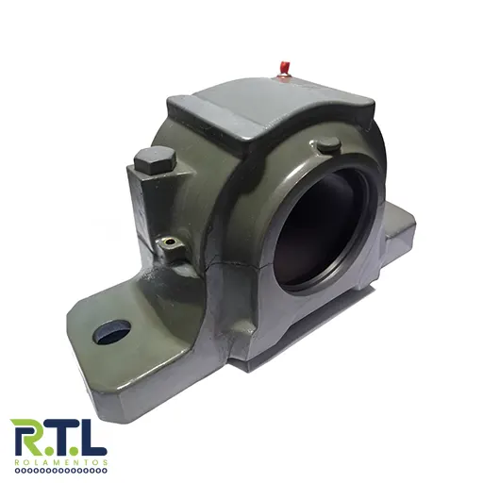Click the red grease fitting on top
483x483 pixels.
click(x=284, y=71)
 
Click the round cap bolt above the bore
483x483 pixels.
click(x=328, y=144)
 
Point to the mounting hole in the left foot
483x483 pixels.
click(x=112, y=331)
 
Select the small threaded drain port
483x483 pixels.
click(x=171, y=241)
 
